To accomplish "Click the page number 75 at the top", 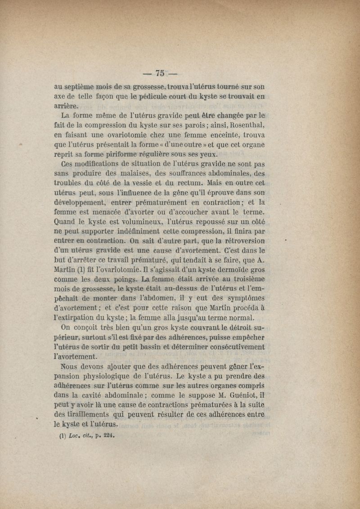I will tap(160, 73).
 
